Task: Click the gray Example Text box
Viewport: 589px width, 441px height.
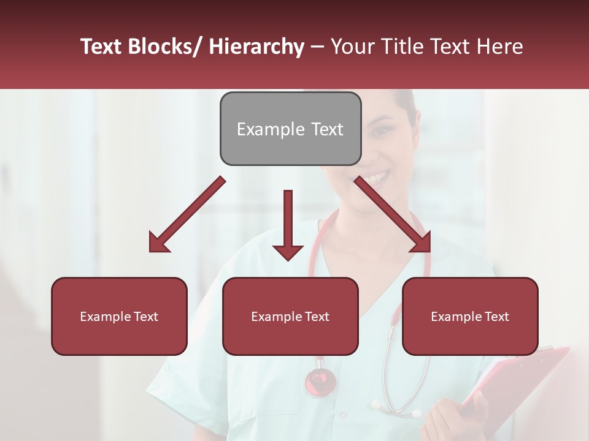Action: (x=290, y=129)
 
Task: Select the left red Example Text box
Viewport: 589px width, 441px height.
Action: (x=119, y=316)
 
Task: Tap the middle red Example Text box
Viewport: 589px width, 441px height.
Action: (x=290, y=316)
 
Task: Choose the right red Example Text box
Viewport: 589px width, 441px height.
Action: (x=470, y=316)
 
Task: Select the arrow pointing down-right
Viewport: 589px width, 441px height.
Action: (x=393, y=214)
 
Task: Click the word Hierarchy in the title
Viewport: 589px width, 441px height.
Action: (x=256, y=47)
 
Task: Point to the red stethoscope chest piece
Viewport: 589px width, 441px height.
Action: (x=320, y=381)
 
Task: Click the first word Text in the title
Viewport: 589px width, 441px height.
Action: (x=102, y=47)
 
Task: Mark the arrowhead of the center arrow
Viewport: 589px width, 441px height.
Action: (x=288, y=252)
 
